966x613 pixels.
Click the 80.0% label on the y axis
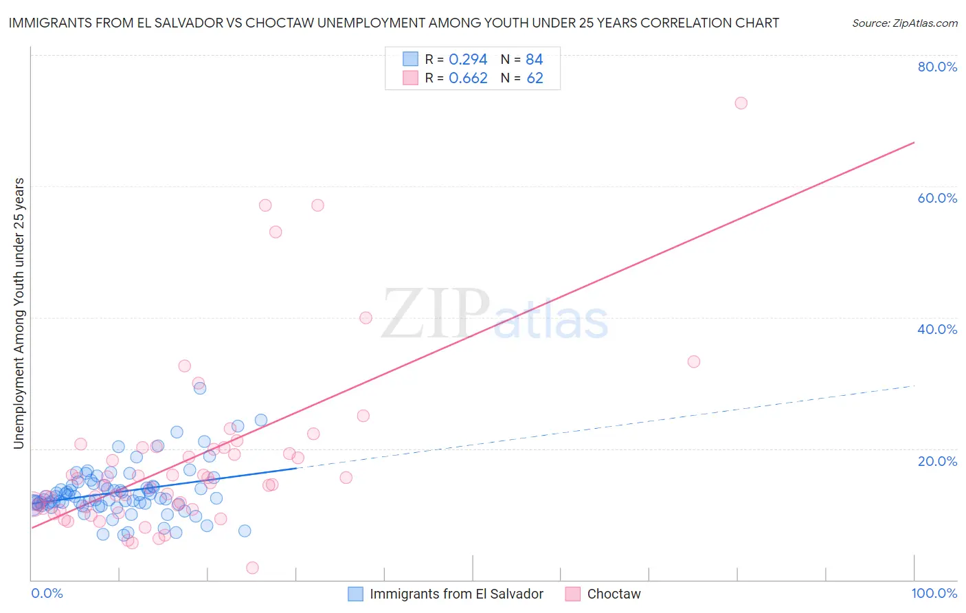[x=937, y=67]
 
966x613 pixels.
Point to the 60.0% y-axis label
[x=937, y=198]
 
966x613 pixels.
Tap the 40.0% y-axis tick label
[x=937, y=329]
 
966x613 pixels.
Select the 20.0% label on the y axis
[x=937, y=461]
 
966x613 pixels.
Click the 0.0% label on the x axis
[x=47, y=594]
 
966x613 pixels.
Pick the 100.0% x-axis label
[x=934, y=594]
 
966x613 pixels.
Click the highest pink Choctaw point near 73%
[x=741, y=103]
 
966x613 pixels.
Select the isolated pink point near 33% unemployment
[x=694, y=361]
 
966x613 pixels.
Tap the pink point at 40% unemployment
[x=366, y=317]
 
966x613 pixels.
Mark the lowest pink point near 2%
[x=252, y=568]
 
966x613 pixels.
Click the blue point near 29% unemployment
[x=200, y=388]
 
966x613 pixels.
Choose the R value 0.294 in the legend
[x=468, y=60]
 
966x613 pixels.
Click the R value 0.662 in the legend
[x=468, y=78]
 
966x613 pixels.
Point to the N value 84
[x=535, y=60]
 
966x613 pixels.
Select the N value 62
[x=535, y=78]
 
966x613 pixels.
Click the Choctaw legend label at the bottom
[x=614, y=594]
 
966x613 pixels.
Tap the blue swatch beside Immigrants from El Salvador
[x=355, y=594]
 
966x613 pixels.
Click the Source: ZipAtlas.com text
[x=904, y=23]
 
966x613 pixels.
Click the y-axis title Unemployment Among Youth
[x=19, y=313]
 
